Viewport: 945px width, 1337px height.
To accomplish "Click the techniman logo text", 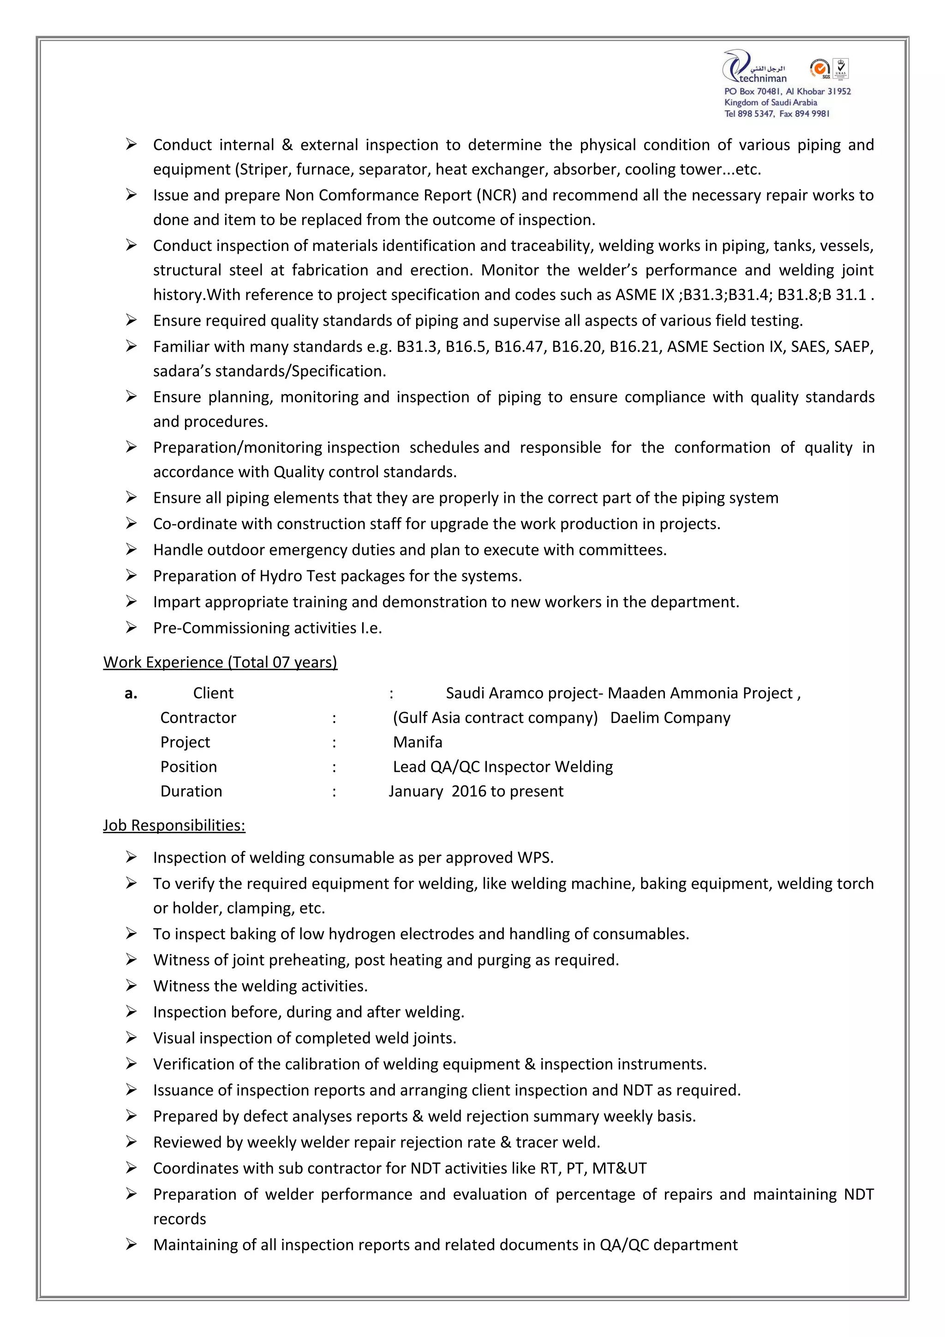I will tap(762, 78).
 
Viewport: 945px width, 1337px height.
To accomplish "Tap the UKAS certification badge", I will tap(841, 69).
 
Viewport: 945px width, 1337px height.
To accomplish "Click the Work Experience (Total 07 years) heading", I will tap(220, 662).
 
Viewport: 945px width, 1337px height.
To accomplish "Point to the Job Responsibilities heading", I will tap(174, 825).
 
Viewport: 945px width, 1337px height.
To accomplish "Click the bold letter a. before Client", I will tap(131, 693).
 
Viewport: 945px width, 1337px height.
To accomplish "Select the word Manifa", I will tap(418, 742).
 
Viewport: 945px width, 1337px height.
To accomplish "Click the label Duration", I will tap(191, 791).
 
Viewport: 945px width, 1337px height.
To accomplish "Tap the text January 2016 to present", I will tap(476, 791).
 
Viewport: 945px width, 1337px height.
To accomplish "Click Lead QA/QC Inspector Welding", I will tap(502, 766).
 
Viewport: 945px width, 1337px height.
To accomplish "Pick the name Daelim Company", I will tap(670, 717).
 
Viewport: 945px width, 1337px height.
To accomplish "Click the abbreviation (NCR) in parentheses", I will tap(496, 195).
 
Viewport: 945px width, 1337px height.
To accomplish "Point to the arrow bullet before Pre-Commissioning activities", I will tap(132, 627).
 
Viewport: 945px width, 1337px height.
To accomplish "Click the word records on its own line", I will tap(179, 1219).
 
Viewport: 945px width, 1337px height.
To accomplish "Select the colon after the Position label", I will tap(334, 767).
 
